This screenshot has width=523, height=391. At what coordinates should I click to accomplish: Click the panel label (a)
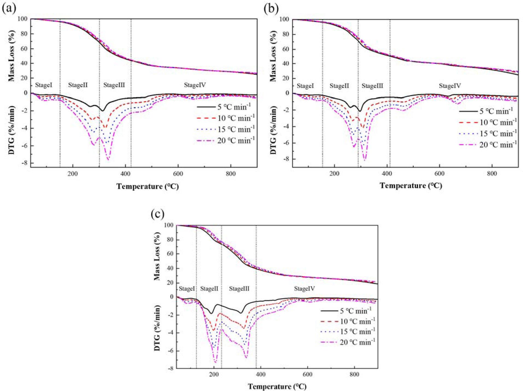pyautogui.click(x=9, y=9)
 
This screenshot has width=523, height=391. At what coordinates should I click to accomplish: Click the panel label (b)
pyautogui.click(x=271, y=9)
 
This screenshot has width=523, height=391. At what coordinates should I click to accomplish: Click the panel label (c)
pyautogui.click(x=158, y=214)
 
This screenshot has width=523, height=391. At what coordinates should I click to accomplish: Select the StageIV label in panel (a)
pyautogui.click(x=195, y=85)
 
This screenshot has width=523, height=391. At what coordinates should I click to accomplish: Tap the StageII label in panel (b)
pyautogui.click(x=339, y=86)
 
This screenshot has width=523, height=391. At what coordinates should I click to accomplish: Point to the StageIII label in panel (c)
pyautogui.click(x=239, y=289)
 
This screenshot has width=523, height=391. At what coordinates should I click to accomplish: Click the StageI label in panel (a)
pyautogui.click(x=44, y=85)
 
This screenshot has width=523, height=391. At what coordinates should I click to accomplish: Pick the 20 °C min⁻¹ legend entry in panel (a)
pyautogui.click(x=226, y=141)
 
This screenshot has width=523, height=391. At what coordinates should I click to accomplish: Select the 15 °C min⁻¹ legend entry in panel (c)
pyautogui.click(x=348, y=332)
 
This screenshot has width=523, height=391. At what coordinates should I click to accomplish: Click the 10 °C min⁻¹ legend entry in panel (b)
pyautogui.click(x=488, y=122)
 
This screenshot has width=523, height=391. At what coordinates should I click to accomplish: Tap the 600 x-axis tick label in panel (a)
pyautogui.click(x=178, y=174)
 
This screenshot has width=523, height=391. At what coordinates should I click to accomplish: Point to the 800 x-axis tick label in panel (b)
pyautogui.click(x=492, y=174)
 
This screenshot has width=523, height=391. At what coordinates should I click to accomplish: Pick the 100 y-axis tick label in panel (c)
pyautogui.click(x=168, y=225)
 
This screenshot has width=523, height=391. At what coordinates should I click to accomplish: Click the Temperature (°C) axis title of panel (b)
pyautogui.click(x=411, y=185)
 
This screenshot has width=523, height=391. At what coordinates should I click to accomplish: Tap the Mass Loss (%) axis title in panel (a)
pyautogui.click(x=11, y=56)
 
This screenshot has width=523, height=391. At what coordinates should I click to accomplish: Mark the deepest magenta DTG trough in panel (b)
pyautogui.click(x=365, y=160)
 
